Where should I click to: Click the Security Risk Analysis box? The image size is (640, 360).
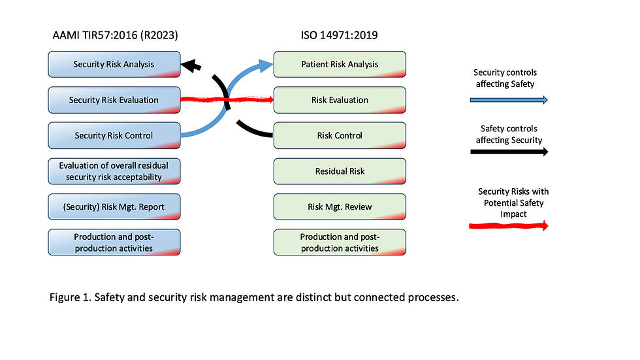tap(114, 65)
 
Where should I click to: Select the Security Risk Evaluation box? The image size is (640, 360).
tap(114, 100)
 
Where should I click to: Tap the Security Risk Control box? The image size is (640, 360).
tap(114, 136)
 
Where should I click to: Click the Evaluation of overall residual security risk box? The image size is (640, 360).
tap(114, 171)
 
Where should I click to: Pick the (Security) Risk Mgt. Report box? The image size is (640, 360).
tap(114, 207)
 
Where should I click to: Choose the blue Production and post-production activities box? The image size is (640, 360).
tap(114, 242)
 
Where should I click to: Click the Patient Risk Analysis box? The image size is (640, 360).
tap(340, 65)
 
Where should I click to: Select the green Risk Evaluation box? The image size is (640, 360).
tap(340, 100)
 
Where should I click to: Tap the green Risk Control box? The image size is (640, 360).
tap(340, 136)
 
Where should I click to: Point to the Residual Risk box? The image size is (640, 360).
tap(340, 171)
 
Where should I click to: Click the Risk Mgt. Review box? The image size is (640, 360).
tap(340, 207)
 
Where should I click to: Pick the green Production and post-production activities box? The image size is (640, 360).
tap(340, 242)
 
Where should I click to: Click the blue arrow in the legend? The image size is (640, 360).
tap(509, 100)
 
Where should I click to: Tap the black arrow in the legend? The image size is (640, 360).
tap(509, 152)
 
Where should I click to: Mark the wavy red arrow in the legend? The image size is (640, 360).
tap(509, 226)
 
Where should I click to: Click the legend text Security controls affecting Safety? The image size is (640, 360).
tap(505, 78)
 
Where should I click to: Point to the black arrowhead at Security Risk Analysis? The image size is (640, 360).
tap(191, 65)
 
